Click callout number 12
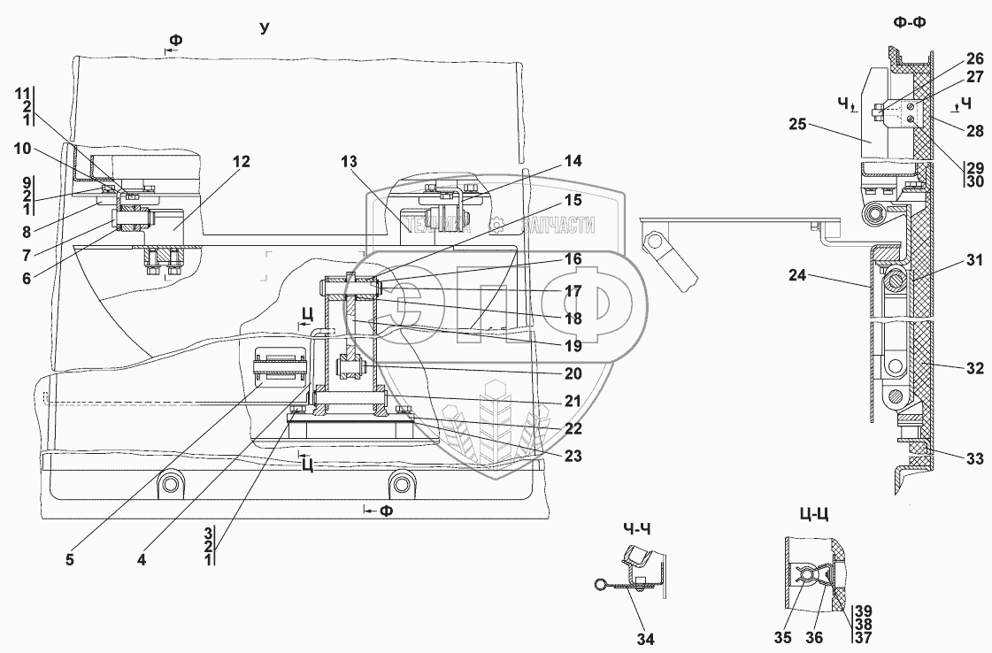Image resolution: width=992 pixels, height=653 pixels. [x=242, y=162]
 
